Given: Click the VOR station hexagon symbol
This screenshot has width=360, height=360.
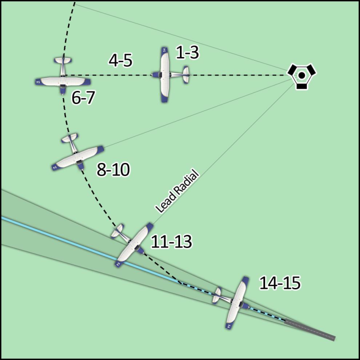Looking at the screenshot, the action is coord(301,75).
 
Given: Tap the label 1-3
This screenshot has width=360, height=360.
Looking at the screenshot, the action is coord(187,52).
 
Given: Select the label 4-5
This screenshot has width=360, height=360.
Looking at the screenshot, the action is coord(121,61).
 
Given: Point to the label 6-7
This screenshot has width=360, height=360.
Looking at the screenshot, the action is coord(83,98).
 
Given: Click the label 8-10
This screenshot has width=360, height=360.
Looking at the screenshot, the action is coord(113,170).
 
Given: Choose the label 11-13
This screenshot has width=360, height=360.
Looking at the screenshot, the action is coord(171,242).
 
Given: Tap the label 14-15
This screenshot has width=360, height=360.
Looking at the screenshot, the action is coord(280,283).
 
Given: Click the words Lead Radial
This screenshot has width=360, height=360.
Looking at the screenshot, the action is coord(176,191).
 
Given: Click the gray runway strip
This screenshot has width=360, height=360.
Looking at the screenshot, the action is coord(310,329).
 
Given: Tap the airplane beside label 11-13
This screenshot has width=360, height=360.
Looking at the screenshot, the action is coord(132,244).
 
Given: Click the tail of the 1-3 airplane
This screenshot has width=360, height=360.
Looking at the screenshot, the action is coord(186,75).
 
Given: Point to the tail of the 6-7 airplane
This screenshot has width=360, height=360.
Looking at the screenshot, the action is coord(63,60).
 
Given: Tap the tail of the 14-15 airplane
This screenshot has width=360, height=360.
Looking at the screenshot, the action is coord(216,295).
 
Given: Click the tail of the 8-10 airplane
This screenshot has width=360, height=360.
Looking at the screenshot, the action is coord(70,138).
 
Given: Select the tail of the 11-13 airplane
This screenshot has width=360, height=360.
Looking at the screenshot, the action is coord(117,231).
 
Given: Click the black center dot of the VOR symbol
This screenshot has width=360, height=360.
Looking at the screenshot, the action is coord(302,75).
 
